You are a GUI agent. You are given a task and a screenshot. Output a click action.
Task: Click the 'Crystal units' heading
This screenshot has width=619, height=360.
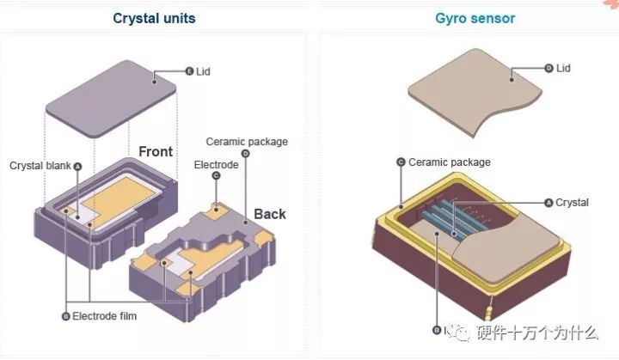point(154,18)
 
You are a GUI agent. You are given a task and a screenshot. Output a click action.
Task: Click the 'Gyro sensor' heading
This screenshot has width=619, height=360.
point(475,18)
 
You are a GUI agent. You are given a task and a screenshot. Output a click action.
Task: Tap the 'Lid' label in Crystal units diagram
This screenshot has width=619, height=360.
point(203,71)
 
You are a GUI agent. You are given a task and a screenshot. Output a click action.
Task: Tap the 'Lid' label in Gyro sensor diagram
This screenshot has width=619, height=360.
point(563,68)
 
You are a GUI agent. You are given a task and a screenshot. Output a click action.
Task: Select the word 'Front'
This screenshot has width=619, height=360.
point(156,151)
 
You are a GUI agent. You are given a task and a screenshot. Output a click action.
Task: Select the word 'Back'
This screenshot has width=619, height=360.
point(270,214)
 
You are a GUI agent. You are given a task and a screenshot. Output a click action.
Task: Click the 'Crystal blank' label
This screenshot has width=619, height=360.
point(40,166)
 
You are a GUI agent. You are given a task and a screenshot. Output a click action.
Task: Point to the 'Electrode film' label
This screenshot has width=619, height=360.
point(105,316)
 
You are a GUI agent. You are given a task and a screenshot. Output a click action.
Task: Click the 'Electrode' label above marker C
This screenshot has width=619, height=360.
point(217,165)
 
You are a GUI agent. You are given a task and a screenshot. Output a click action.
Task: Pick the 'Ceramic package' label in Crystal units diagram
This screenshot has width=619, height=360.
point(247,142)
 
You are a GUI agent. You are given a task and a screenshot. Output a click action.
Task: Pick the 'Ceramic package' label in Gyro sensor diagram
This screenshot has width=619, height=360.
point(450,162)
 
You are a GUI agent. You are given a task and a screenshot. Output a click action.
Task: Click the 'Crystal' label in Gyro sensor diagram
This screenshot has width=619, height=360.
point(572,203)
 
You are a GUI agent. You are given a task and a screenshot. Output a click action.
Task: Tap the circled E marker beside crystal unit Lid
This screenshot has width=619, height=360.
point(190,71)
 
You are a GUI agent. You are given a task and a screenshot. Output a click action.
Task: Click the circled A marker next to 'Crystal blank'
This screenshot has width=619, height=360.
point(77,167)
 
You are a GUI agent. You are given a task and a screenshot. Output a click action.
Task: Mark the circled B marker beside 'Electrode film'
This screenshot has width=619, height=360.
point(66,316)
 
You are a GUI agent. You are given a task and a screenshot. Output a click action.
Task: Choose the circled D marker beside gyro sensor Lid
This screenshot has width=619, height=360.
point(549,68)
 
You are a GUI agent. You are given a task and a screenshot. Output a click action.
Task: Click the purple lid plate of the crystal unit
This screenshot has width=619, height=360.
point(111,99)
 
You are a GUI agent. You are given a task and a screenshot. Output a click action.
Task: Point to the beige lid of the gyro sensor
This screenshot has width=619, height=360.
point(475,92)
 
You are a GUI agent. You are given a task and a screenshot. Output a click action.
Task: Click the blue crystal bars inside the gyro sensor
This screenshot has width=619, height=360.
point(450,218)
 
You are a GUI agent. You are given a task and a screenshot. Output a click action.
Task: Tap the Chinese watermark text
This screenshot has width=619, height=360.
point(537,333)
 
